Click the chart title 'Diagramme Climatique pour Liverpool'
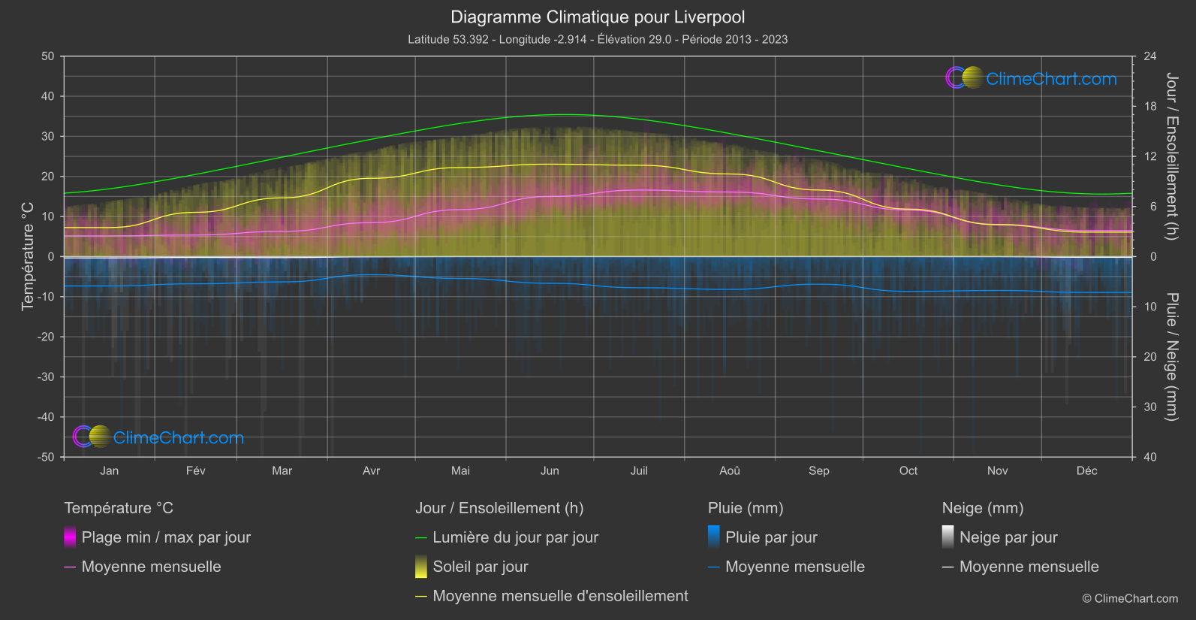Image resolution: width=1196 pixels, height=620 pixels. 598,17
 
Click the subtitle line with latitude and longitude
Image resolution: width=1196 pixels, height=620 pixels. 598,39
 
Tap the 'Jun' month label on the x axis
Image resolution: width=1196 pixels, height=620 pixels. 550,470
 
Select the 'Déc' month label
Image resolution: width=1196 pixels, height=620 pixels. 1086,470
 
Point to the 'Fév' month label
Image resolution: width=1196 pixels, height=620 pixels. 195,470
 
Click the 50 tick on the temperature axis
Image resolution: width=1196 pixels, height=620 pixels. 48,56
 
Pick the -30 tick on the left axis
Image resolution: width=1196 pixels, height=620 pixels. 47,377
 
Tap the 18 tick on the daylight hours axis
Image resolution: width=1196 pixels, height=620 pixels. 1150,107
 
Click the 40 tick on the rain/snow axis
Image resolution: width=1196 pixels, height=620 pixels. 1150,457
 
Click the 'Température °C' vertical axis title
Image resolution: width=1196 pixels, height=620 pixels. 28,256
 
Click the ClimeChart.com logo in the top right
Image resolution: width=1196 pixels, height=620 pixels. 1031,78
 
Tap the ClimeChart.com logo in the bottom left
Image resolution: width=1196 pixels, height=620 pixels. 158,437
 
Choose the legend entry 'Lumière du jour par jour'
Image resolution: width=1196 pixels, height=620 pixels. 515,537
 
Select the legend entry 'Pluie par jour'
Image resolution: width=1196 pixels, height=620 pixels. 771,537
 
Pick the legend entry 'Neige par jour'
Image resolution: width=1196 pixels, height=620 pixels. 1008,537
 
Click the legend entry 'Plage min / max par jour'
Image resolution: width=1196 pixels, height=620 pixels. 166,537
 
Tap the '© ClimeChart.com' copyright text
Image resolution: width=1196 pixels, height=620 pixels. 1130,598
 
